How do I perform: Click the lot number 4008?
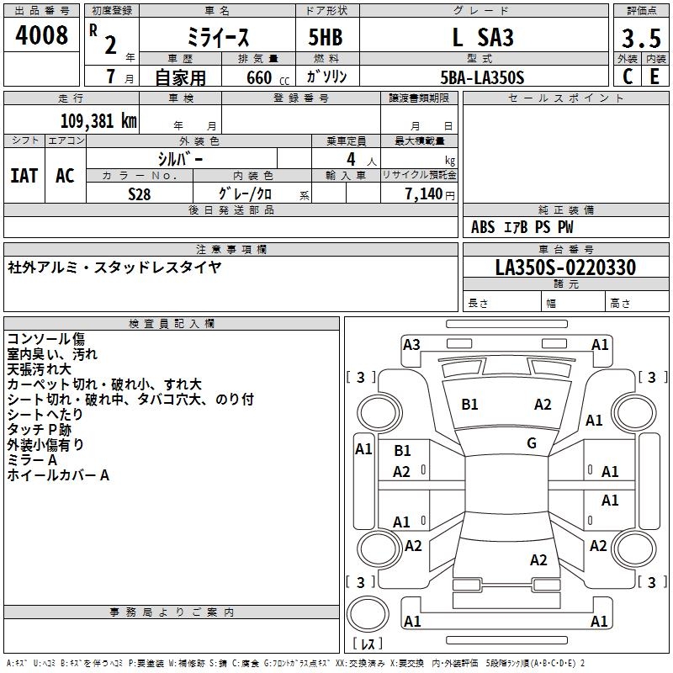[42, 35]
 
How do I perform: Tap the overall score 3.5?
[640, 38]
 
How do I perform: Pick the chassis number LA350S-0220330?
[565, 268]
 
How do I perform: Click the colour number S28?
[139, 193]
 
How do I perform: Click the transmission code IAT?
[24, 176]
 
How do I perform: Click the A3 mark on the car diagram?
[411, 344]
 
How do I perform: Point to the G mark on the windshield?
[532, 443]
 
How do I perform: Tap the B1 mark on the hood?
[469, 404]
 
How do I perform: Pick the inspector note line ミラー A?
[32, 460]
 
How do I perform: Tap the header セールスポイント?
[566, 98]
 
